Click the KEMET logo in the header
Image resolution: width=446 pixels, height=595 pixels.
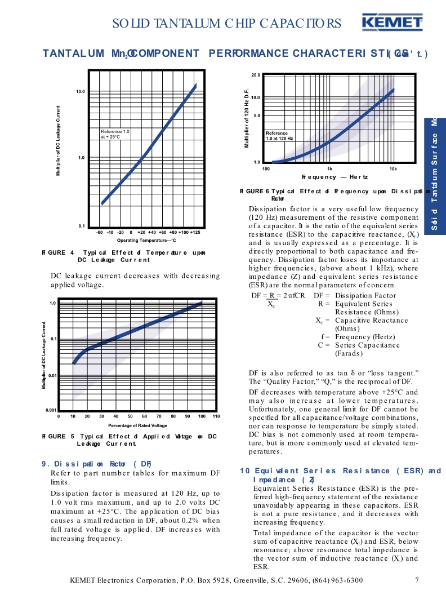[393, 23]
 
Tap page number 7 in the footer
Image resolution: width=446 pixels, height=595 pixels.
[417, 580]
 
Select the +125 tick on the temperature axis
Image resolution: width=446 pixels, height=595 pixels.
[195, 232]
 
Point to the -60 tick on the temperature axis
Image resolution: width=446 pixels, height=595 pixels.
[99, 232]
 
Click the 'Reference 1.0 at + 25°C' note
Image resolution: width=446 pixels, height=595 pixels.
[115, 134]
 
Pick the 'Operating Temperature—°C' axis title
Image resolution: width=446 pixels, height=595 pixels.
[147, 241]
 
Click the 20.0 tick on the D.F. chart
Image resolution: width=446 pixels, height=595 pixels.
[255, 75]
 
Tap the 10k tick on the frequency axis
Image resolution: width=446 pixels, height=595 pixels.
[393, 168]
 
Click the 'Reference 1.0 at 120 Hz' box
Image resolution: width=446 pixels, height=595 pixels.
[280, 136]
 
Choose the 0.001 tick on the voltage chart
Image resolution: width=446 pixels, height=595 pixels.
[51, 410]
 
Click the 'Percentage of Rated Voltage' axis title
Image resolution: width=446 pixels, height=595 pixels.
[137, 425]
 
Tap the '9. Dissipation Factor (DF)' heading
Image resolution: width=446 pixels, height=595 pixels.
[96, 464]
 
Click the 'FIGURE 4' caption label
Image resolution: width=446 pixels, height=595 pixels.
[54, 252]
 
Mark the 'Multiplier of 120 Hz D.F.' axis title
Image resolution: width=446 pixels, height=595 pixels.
[247, 118]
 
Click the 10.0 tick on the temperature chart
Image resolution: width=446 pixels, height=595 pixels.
[80, 91]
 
